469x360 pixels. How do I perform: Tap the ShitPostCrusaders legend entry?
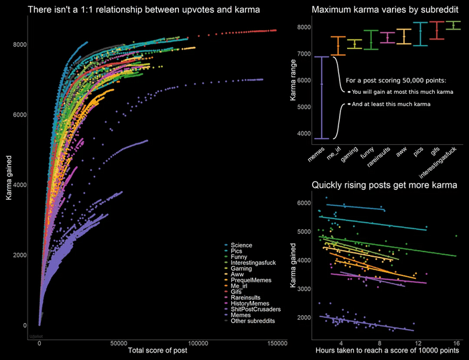255,309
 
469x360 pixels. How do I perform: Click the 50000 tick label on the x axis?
119,343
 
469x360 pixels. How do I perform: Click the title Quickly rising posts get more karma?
384,184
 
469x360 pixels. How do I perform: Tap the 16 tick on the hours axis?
456,343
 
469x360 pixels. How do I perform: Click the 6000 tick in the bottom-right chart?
303,202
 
